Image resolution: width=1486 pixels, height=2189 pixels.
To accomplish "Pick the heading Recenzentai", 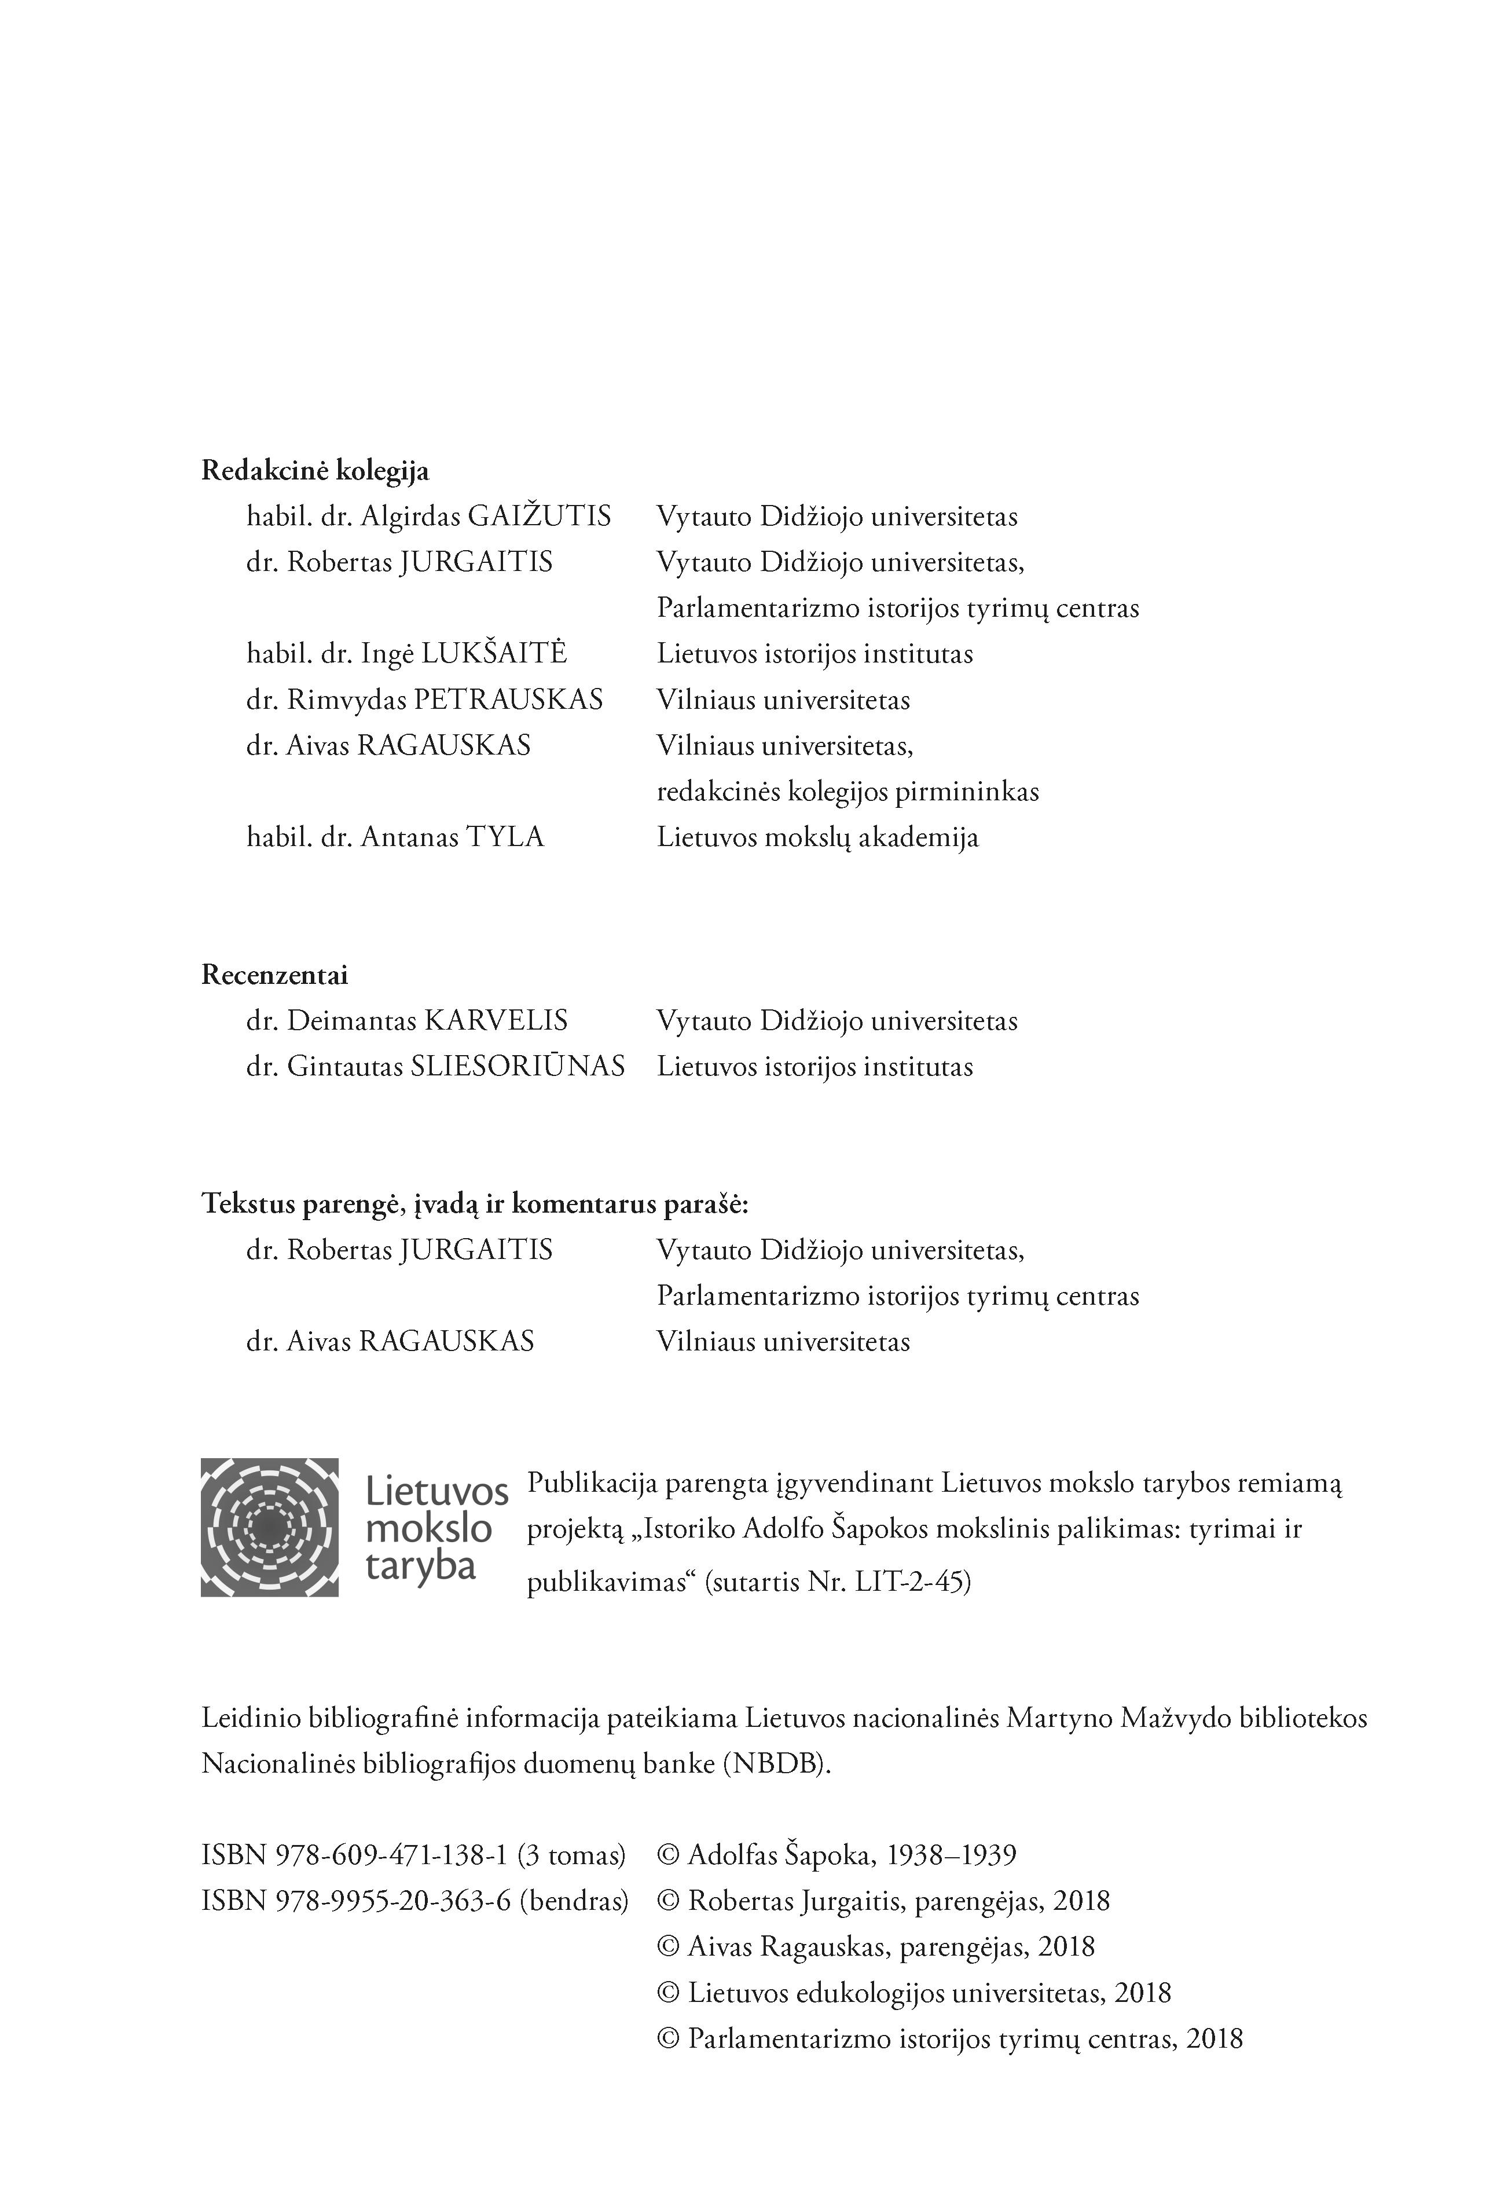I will (x=275, y=975).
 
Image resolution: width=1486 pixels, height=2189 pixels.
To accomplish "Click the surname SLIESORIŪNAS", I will (x=518, y=1067).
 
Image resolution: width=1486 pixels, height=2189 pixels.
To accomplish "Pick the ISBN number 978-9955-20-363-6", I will (x=392, y=1901).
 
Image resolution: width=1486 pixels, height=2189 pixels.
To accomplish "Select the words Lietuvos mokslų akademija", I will (x=817, y=837).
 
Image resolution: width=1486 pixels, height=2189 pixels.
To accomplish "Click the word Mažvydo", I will (x=1175, y=1718).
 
